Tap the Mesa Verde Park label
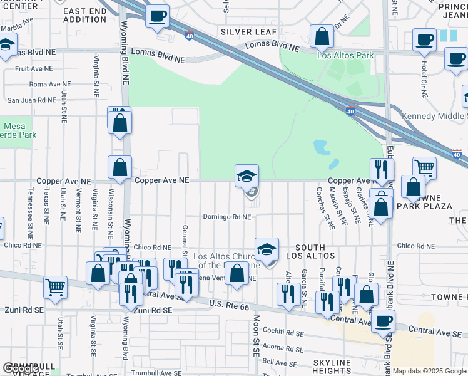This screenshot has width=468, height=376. [x=18, y=130]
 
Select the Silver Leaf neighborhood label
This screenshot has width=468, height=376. [x=243, y=31]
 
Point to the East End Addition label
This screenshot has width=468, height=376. [x=85, y=16]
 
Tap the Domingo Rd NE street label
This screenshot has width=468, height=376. [x=226, y=217]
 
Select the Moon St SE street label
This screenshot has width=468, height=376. [x=256, y=336]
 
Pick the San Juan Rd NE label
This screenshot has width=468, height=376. [x=31, y=100]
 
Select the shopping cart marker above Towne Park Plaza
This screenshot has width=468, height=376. [x=424, y=167]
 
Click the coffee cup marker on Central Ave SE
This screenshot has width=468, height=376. [x=383, y=320]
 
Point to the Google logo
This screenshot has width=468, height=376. [x=20, y=368]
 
